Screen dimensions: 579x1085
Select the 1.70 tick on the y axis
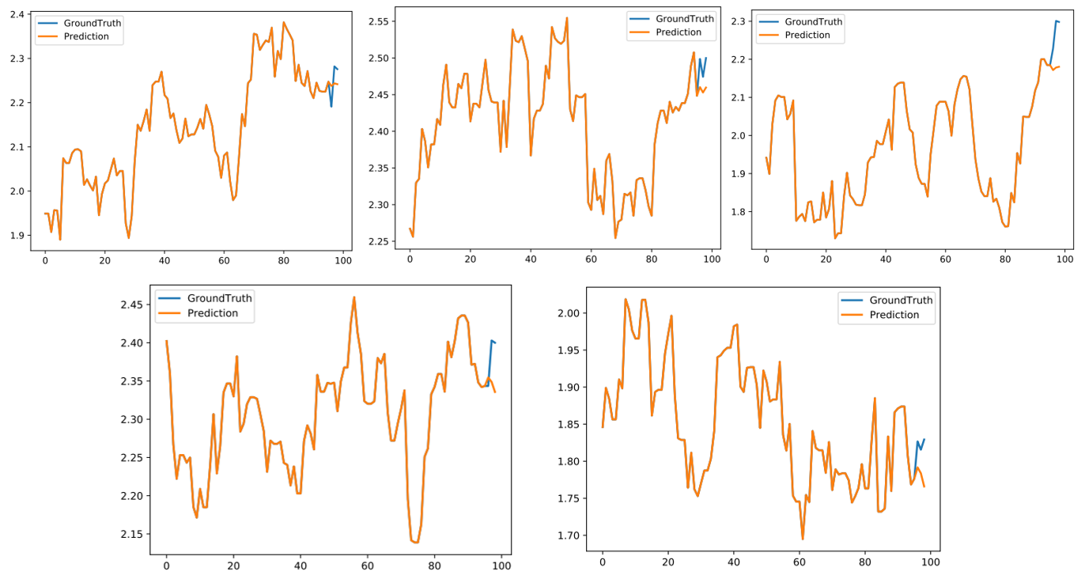[570, 535]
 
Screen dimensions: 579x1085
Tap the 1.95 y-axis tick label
[570, 350]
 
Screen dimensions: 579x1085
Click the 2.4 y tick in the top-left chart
[15, 14]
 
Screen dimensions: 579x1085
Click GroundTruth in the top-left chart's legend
[93, 23]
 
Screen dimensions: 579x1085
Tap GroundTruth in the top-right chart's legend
[814, 21]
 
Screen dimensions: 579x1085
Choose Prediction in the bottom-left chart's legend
[212, 313]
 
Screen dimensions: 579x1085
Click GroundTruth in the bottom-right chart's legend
[901, 300]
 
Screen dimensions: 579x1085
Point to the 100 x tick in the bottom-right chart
[930, 562]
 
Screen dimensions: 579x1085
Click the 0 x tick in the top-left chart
[45, 259]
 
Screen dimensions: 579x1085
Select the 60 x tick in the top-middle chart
[591, 257]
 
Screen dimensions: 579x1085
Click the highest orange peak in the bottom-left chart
[353, 297]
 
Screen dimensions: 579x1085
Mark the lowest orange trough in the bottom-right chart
[803, 539]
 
